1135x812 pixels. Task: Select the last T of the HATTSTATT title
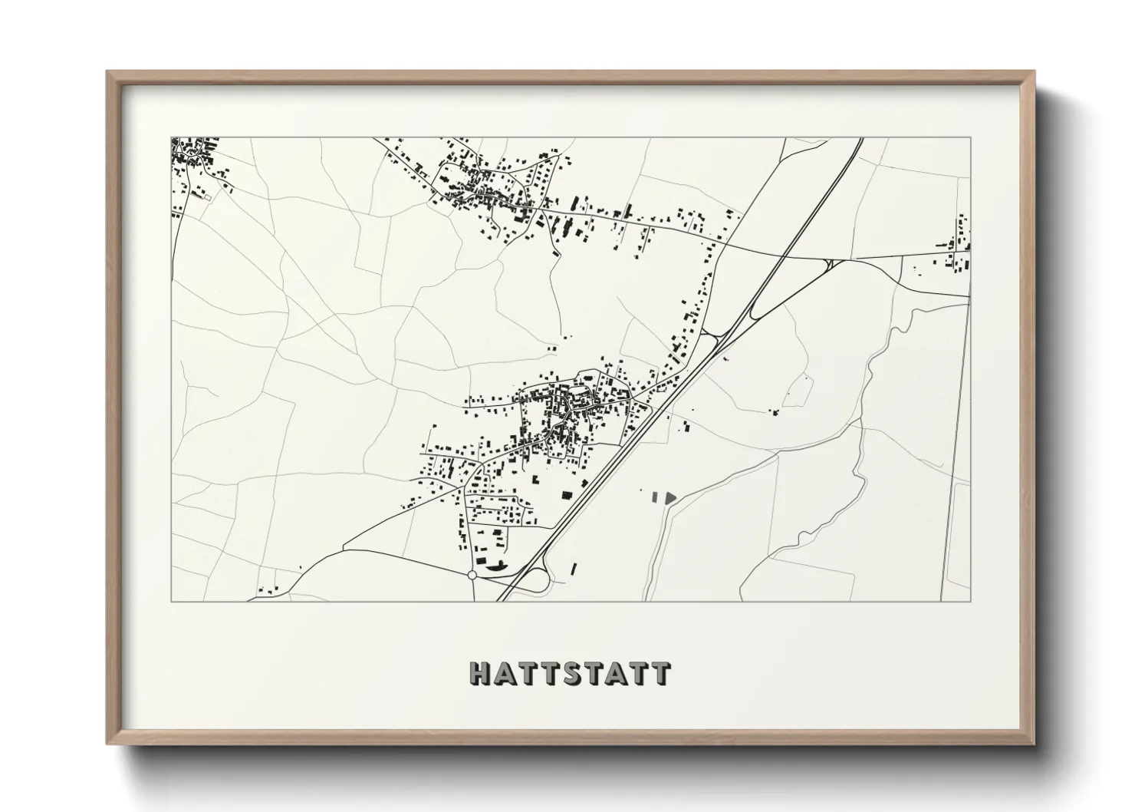(x=661, y=674)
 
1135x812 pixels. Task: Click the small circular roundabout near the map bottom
(x=472, y=574)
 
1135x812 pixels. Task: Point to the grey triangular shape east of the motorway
(x=669, y=497)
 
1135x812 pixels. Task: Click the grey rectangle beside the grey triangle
(x=655, y=497)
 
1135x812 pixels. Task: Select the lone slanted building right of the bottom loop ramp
(x=574, y=569)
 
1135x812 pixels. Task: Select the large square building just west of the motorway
(x=568, y=494)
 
